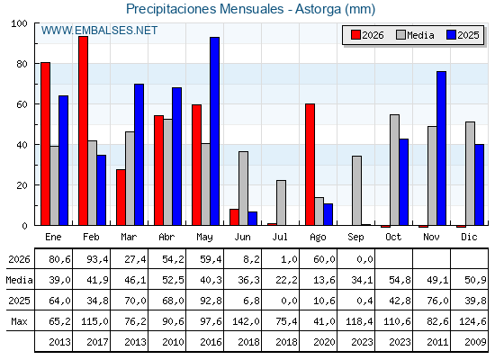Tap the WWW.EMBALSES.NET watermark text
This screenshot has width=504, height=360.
click(x=99, y=31)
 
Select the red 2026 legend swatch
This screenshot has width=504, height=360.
click(x=355, y=35)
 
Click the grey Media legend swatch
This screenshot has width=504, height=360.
click(x=400, y=35)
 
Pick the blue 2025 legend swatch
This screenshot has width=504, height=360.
click(x=451, y=35)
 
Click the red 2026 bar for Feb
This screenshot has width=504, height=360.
click(x=83, y=130)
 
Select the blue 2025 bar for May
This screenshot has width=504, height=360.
click(x=215, y=131)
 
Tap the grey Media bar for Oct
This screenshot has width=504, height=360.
click(x=395, y=170)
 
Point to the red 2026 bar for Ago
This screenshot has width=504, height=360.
click(x=310, y=164)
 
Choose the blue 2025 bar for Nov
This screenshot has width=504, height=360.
click(x=441, y=148)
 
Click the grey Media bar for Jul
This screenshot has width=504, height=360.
click(x=281, y=202)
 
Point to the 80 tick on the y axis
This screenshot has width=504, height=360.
click(x=22, y=64)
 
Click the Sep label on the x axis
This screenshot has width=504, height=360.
click(x=355, y=238)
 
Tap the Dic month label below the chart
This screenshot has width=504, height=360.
click(x=469, y=237)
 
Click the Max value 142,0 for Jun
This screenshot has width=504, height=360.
click(x=246, y=321)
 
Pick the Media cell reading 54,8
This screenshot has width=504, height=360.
click(x=400, y=280)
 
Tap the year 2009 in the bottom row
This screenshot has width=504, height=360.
click(x=475, y=342)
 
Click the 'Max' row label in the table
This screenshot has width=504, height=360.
click(x=19, y=321)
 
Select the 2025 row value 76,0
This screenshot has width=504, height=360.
click(x=437, y=301)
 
